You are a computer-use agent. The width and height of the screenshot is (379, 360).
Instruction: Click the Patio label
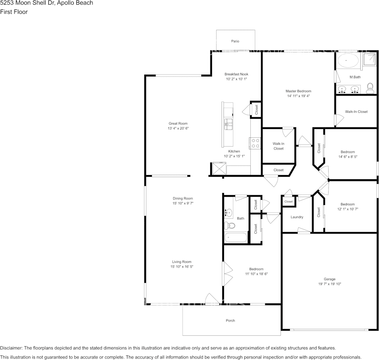point(235,41)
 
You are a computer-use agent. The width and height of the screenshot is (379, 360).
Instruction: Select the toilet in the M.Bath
point(369,89)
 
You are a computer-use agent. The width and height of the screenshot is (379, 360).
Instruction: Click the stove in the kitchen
point(255,143)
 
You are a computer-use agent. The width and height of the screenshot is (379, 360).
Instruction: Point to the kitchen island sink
point(228,123)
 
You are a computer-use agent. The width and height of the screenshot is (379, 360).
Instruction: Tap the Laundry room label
point(297,217)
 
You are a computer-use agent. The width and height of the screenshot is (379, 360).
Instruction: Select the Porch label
point(230,320)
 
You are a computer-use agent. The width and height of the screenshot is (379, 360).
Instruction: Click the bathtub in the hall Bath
point(236,238)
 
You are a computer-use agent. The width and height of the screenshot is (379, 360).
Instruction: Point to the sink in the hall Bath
point(229,213)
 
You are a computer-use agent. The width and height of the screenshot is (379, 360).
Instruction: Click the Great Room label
point(178,123)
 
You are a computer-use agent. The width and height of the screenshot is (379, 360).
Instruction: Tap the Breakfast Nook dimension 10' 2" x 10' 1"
point(236,79)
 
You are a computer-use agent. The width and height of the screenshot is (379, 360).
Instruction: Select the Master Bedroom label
point(298,91)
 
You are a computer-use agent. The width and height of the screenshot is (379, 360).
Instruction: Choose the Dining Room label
point(183,198)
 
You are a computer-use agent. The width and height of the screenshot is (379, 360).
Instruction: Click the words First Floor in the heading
point(14,12)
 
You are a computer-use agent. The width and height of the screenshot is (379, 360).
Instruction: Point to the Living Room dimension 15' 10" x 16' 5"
point(182,267)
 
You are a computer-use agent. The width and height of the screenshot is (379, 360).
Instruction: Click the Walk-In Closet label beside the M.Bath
point(356,112)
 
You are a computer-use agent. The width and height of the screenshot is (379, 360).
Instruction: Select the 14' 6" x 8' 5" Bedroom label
point(347,156)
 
